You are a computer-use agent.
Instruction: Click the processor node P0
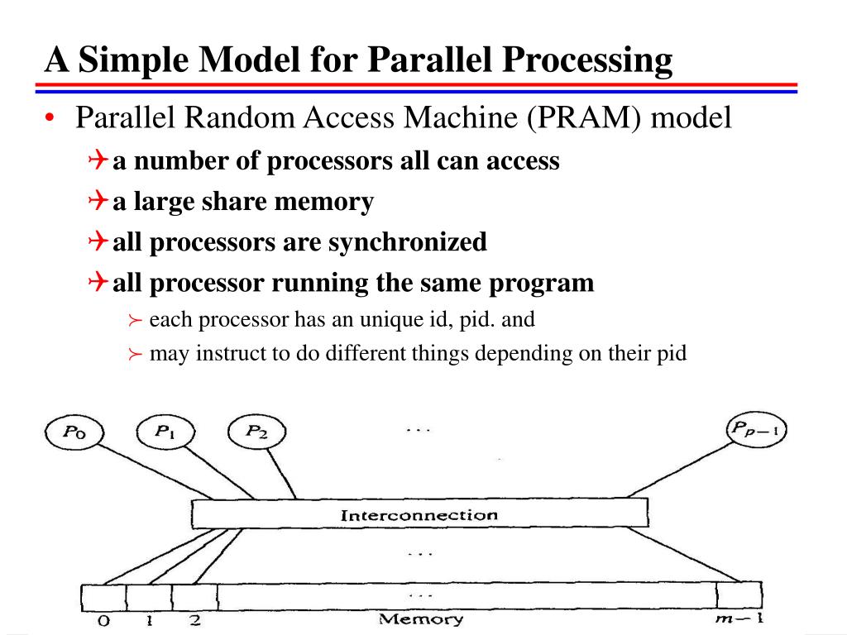(x=71, y=432)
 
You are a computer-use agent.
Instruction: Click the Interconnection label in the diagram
(x=419, y=515)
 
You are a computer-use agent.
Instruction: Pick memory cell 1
(x=149, y=596)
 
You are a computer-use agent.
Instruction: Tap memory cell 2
(x=194, y=596)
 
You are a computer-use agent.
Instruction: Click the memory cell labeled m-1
(x=739, y=596)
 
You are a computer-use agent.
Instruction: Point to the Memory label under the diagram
(x=421, y=619)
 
